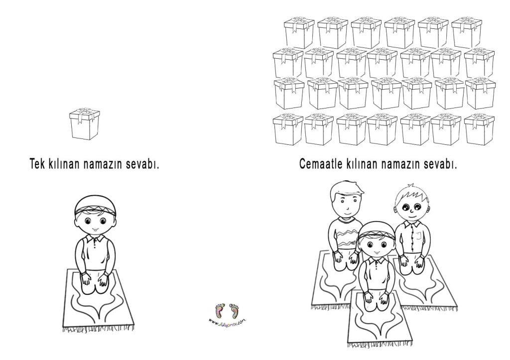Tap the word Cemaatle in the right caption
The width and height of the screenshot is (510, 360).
pos(320,164)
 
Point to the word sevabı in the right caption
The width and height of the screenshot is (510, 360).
pos(439,164)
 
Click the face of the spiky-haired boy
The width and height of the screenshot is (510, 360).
pos(411,207)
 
